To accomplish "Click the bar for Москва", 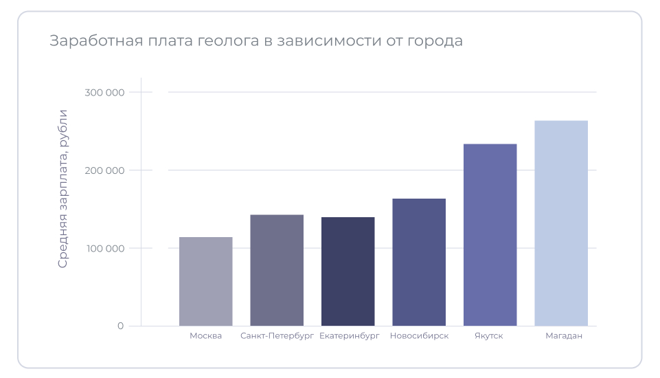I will click(x=206, y=281).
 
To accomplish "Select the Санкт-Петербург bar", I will click(x=277, y=270).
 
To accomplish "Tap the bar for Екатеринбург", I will click(x=348, y=271).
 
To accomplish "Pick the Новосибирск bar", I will click(x=419, y=262).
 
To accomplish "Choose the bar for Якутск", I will click(x=490, y=234).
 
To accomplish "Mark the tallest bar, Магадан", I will click(x=561, y=223).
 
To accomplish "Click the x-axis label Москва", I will click(x=206, y=336).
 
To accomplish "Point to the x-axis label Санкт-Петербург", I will click(x=277, y=336).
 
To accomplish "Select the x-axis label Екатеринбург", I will click(x=349, y=336).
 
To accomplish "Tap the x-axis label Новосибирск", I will click(x=419, y=336).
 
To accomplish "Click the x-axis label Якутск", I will click(x=489, y=336).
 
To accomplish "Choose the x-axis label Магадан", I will click(x=564, y=336).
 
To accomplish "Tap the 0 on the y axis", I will click(x=120, y=326).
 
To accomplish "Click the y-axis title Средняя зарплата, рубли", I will click(x=63, y=188).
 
